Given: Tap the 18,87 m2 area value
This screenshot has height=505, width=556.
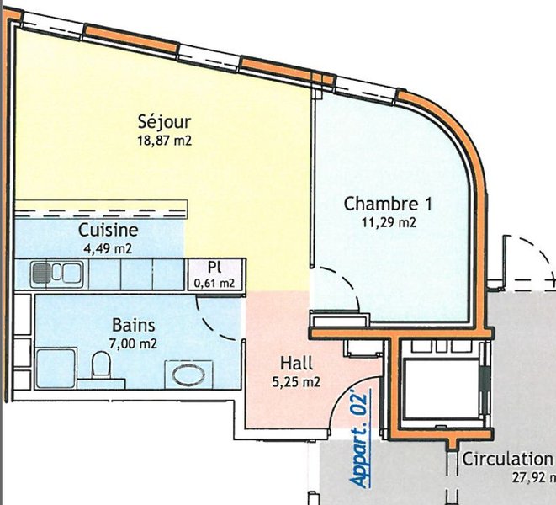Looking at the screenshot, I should (164, 141).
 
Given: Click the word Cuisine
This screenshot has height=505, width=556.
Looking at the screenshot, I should (109, 230).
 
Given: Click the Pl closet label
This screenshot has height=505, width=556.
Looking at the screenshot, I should (214, 266).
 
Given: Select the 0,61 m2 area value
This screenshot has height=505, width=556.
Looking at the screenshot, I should (214, 282).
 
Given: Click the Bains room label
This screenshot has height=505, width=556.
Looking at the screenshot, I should (132, 324).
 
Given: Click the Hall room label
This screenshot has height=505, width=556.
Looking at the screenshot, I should (296, 364).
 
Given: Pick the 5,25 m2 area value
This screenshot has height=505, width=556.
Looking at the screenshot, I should (296, 382).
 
